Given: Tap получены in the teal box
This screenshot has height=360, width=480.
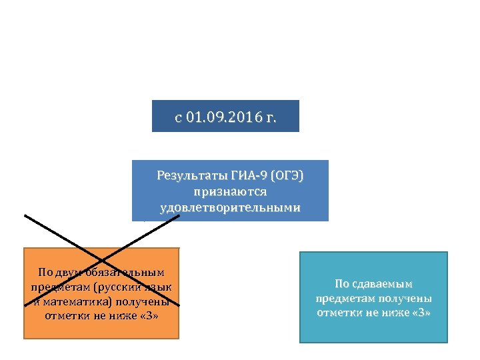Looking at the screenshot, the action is coord(407,298).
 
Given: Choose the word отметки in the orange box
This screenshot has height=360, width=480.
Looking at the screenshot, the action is coord(65,315).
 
